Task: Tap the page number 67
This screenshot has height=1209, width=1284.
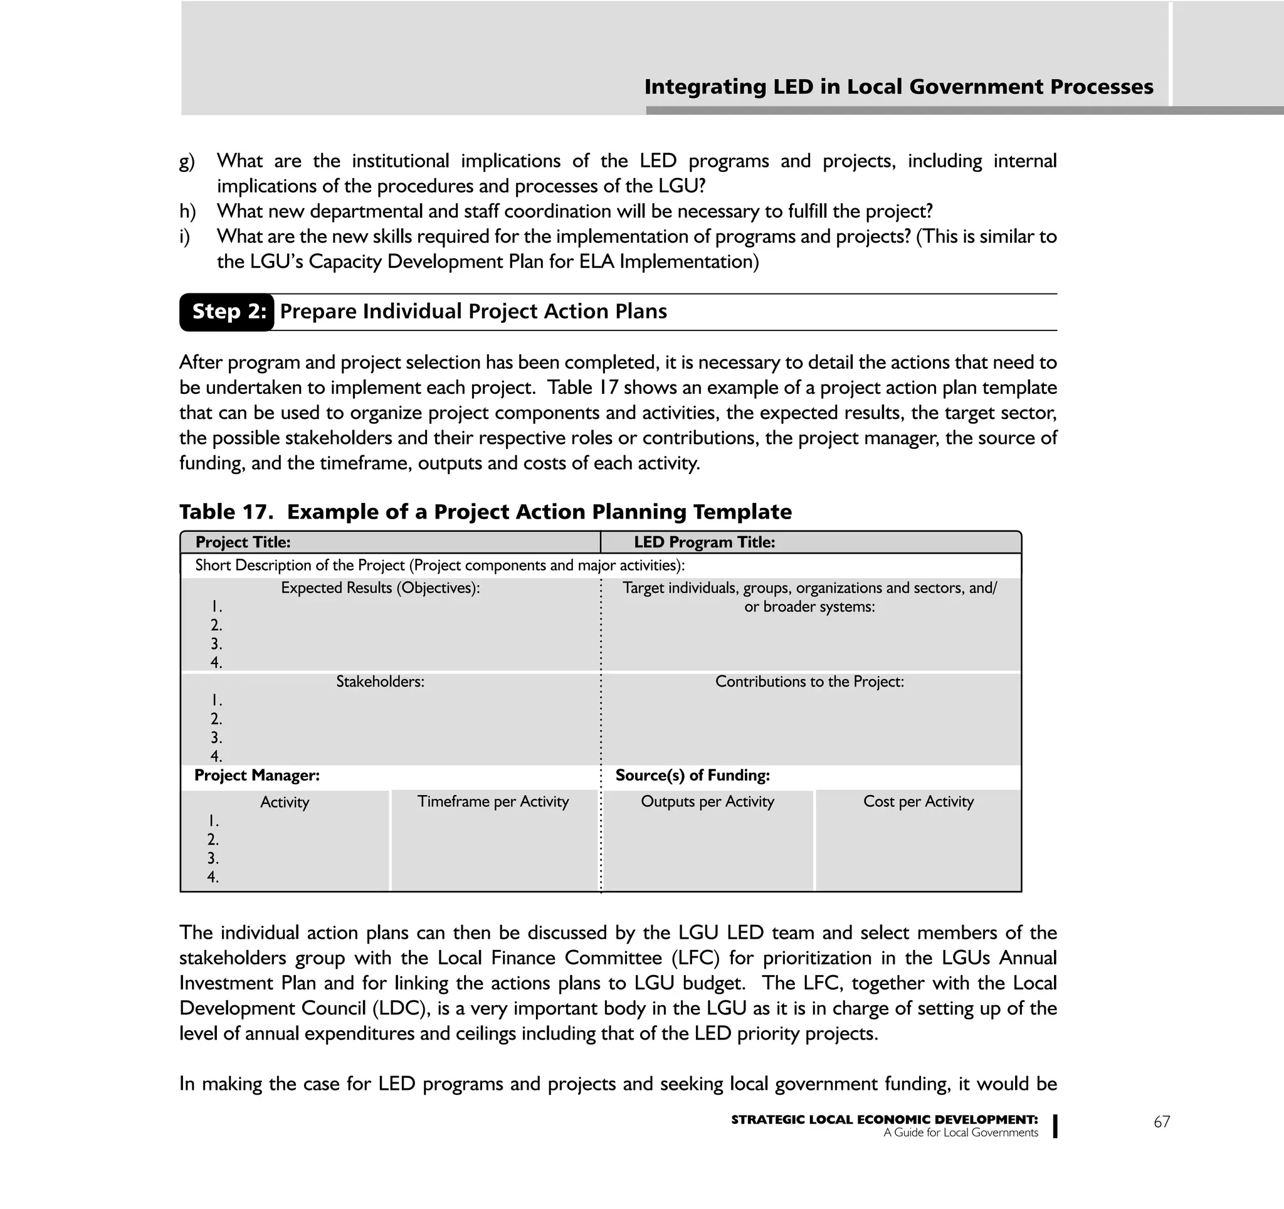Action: (1161, 1122)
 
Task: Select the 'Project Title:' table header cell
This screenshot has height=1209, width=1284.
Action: (243, 542)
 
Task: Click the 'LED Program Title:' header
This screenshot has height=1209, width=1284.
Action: (704, 542)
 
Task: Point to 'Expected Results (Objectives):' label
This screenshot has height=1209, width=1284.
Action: (380, 588)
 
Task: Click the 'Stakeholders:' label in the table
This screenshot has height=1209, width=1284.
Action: (380, 682)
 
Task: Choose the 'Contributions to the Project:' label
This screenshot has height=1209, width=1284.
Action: (809, 682)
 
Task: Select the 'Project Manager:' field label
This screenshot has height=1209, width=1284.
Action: (256, 775)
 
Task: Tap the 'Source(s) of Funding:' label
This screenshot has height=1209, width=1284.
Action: (692, 775)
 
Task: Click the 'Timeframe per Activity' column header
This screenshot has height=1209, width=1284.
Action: (493, 801)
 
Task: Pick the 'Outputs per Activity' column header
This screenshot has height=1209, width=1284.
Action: (707, 801)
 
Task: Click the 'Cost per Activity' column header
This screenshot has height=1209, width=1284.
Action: (918, 801)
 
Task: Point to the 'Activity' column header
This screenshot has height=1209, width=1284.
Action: (284, 802)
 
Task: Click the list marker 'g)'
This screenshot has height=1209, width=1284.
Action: (187, 161)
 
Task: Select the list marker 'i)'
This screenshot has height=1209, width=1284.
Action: (185, 237)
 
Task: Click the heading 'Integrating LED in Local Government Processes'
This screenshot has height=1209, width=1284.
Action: (898, 87)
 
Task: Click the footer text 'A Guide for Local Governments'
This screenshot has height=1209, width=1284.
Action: (960, 1132)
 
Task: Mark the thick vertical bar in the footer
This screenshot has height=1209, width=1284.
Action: (1055, 1126)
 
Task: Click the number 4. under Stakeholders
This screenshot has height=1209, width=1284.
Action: (216, 756)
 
